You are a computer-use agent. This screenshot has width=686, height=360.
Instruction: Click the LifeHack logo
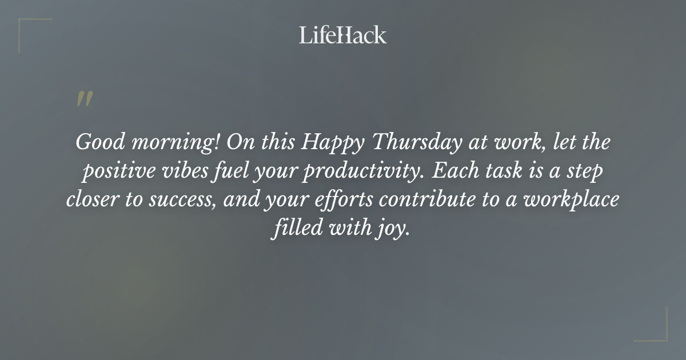pyautogui.click(x=343, y=35)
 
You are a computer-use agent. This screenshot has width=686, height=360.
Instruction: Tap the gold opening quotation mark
pyautogui.click(x=85, y=99)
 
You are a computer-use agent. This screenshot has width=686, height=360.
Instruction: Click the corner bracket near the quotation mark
pyautogui.click(x=29, y=29)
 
